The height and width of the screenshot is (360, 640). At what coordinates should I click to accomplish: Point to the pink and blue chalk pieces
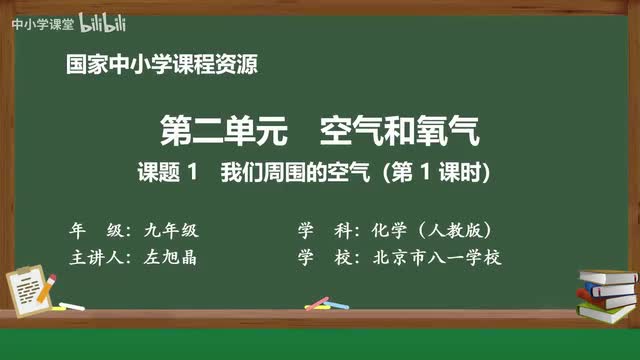(x=317, y=301)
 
